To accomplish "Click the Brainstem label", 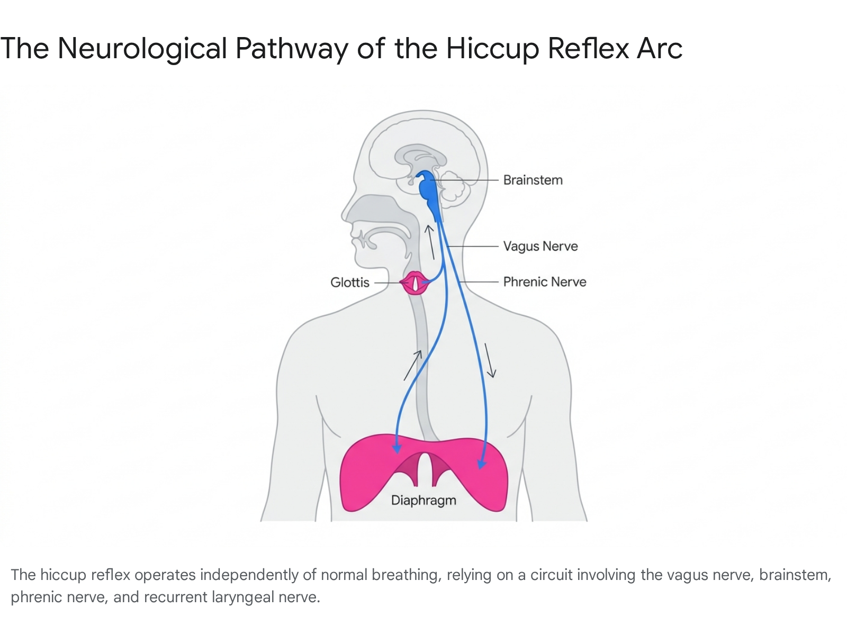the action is coord(533,180).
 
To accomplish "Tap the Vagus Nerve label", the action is coord(540,247).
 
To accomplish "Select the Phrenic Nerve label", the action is coord(545,282).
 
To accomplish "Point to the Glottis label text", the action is coord(349,282).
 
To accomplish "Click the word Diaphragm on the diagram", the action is coord(424,501).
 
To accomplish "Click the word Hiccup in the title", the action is coord(492,49).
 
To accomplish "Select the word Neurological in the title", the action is coord(142,49).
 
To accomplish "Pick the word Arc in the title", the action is coord(660,49).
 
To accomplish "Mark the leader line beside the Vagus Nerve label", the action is coord(472,247).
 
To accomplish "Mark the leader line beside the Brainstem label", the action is coord(464,180).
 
